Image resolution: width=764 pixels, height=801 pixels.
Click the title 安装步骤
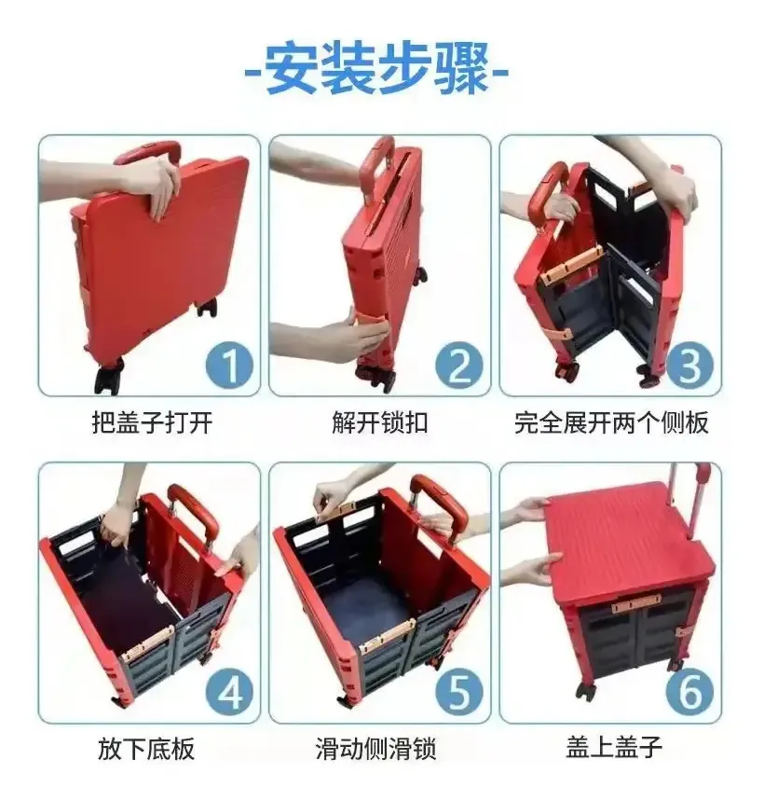[376, 70]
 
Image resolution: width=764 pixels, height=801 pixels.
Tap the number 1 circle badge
[229, 365]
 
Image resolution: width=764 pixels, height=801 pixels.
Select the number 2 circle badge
[458, 365]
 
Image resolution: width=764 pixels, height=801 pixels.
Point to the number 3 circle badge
[689, 365]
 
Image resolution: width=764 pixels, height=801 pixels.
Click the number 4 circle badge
[229, 693]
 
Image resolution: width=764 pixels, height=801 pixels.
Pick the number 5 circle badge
[458, 693]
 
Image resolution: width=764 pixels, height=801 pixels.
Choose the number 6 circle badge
[689, 693]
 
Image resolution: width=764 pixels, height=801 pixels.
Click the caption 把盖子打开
[152, 423]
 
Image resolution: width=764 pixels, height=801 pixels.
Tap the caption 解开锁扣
[380, 423]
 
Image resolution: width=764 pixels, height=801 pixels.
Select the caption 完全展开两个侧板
[611, 423]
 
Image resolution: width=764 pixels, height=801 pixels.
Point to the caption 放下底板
[146, 749]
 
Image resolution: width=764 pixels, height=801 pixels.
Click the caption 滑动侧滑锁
[375, 749]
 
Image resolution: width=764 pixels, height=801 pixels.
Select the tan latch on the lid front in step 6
[636, 604]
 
